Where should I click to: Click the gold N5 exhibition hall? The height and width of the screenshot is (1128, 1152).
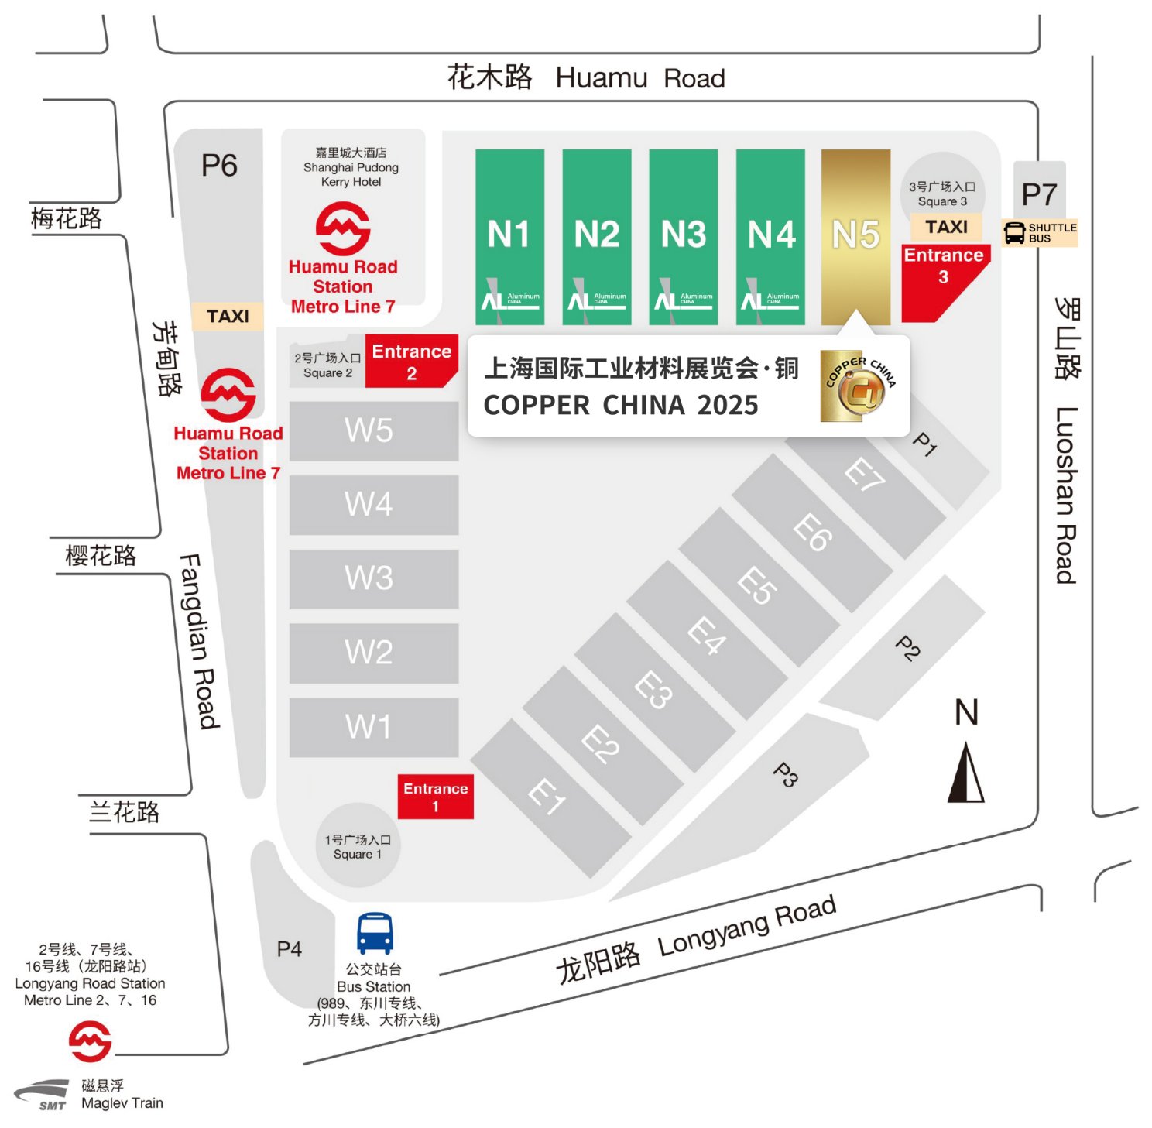[x=855, y=236]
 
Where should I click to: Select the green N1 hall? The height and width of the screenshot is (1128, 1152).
[x=509, y=236]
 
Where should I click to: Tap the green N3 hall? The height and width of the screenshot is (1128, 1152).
[x=683, y=236]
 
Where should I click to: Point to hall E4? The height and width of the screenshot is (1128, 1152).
[x=707, y=636]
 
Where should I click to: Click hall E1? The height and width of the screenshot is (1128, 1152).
[x=548, y=796]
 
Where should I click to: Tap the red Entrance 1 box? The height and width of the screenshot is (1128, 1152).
[x=435, y=797]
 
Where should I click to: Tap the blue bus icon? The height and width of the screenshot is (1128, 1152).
[x=375, y=933]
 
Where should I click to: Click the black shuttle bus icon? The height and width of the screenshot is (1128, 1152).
[x=1014, y=232]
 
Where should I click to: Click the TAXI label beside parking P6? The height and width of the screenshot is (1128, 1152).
[x=228, y=316]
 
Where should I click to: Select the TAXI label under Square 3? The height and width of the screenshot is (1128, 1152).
[x=945, y=227]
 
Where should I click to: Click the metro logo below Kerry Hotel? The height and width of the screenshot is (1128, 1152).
[x=343, y=229]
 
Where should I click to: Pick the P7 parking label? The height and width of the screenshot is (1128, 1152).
[x=1038, y=194]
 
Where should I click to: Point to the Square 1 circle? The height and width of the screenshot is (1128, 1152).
[x=357, y=846]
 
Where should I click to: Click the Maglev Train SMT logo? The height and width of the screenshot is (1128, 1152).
[x=44, y=1095]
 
